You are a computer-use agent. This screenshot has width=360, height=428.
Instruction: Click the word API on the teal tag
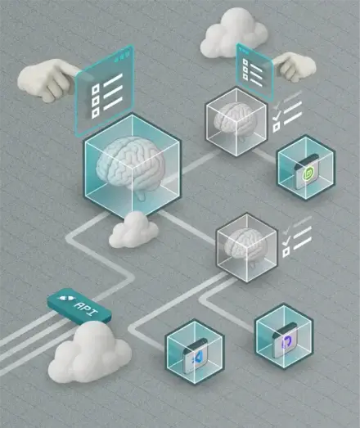click(x=87, y=309)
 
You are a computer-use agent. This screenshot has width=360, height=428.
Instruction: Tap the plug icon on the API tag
click(x=65, y=298)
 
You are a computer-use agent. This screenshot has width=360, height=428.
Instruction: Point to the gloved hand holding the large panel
click(x=47, y=79)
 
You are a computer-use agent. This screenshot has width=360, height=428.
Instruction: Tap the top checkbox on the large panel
click(x=95, y=89)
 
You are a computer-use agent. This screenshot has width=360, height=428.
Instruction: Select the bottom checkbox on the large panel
click(x=96, y=113)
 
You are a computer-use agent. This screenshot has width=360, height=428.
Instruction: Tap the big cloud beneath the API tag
click(x=89, y=352)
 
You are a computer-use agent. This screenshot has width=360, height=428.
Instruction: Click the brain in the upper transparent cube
click(x=236, y=120)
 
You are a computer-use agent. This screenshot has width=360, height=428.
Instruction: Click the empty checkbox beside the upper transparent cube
click(x=277, y=127)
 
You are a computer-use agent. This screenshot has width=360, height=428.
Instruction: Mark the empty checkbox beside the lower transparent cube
click(x=286, y=252)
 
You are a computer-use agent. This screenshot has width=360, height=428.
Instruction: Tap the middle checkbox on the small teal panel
click(x=245, y=70)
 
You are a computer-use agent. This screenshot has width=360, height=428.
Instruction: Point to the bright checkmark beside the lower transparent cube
click(x=286, y=241)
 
